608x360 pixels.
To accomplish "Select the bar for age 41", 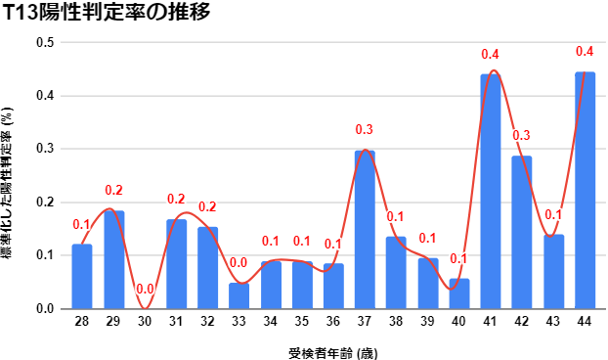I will point(490,191).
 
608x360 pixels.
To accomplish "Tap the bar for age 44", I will point(585,190).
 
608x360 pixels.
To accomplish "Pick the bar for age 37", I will point(365,229).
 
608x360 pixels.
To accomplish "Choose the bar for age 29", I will point(113,259).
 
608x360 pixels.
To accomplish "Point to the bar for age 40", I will point(458,293).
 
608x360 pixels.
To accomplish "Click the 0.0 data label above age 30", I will point(145,290).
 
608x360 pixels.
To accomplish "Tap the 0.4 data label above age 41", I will point(490,54).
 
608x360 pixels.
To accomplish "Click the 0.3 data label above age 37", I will point(365,130).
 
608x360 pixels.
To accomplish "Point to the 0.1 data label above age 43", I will point(553,214).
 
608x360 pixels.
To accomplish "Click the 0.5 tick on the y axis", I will point(45,43).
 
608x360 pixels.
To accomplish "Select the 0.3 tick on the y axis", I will point(45,149).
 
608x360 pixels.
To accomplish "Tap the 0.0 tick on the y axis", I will point(45,308).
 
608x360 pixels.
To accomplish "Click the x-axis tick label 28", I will point(82,321).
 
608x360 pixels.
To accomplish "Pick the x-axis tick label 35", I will point(302,321).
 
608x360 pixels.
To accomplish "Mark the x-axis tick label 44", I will point(585,321).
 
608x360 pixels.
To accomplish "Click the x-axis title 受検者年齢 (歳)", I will point(332,349).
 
